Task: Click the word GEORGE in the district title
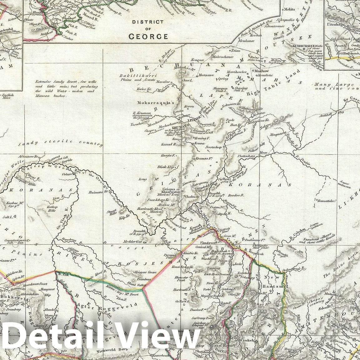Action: coord(148,36)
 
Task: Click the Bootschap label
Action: coord(214,147)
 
